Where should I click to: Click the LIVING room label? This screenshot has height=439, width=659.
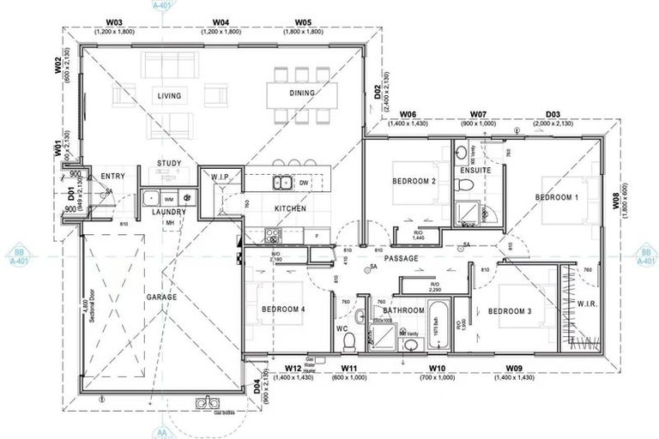pyautogui.click(x=169, y=96)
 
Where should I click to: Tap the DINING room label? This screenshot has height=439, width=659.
pyautogui.click(x=301, y=93)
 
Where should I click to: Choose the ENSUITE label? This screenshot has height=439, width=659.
pyautogui.click(x=475, y=171)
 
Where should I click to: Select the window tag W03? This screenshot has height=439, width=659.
pyautogui.click(x=113, y=21)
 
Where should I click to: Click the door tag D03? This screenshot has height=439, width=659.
pyautogui.click(x=553, y=114)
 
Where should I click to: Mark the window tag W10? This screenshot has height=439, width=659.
pyautogui.click(x=438, y=368)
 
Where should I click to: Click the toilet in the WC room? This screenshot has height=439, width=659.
pyautogui.click(x=348, y=340)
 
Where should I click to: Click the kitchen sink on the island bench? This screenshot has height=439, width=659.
pyautogui.click(x=281, y=182)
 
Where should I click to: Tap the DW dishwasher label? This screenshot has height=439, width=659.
pyautogui.click(x=304, y=183)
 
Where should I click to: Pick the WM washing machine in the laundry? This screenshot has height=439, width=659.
pyautogui.click(x=168, y=198)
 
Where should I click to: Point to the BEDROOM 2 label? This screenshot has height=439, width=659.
pyautogui.click(x=415, y=182)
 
